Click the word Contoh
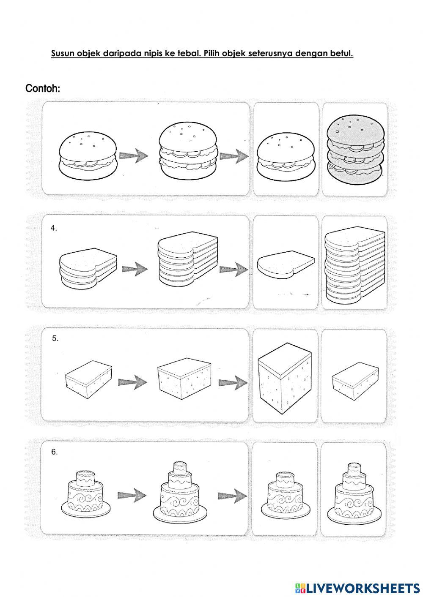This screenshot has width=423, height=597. [43, 89]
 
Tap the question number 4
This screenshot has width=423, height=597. [54, 228]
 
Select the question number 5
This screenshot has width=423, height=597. [55, 338]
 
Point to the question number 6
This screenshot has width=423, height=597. [55, 452]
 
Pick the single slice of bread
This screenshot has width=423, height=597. [286, 264]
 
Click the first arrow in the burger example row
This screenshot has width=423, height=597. [134, 156]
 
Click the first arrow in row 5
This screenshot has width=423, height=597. [132, 382]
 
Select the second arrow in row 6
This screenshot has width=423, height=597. [233, 495]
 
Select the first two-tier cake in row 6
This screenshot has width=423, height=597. [87, 492]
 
